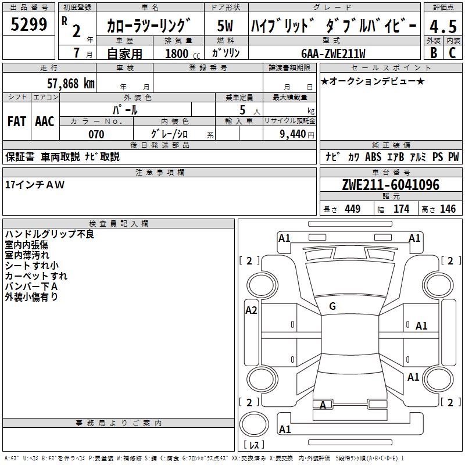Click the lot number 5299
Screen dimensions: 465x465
(x=30, y=25)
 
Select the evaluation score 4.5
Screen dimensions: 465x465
(x=442, y=27)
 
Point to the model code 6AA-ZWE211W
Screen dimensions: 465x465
(x=334, y=53)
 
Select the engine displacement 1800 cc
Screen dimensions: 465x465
(x=177, y=54)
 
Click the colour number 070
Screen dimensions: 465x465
(x=96, y=134)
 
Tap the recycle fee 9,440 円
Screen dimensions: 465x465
(x=294, y=134)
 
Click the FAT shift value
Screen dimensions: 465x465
(x=16, y=121)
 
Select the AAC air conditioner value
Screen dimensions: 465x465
(x=45, y=121)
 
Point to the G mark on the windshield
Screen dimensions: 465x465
(x=332, y=306)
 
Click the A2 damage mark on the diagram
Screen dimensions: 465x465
(x=251, y=310)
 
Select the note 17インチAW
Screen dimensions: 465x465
(x=35, y=185)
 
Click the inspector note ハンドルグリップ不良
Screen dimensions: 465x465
(x=49, y=234)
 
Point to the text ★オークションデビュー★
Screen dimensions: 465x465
(x=373, y=81)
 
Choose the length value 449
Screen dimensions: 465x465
(x=352, y=209)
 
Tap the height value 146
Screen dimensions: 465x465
(x=448, y=209)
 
